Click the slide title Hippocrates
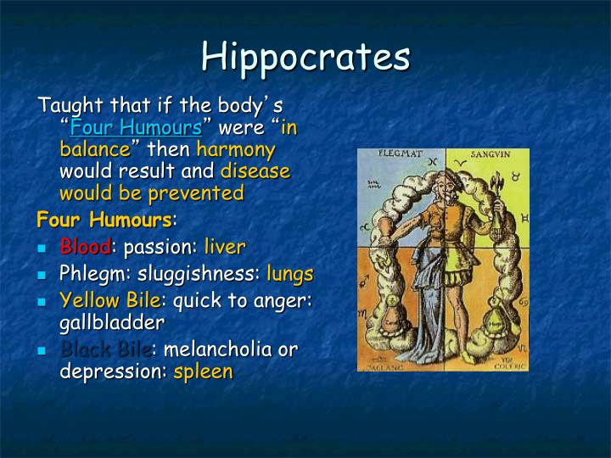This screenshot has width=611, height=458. tap(305, 57)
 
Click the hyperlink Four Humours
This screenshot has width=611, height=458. tap(136, 129)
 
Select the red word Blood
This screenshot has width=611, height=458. tap(85, 248)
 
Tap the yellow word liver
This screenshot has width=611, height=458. tap(224, 248)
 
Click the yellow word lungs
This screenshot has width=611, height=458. tap(289, 274)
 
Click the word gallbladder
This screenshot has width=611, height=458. tap(112, 322)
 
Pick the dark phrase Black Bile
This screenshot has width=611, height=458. tap(105, 349)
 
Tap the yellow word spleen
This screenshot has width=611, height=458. tap(203, 371)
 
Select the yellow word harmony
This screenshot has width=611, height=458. tap(235, 150)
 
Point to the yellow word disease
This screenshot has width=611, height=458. tap(255, 171)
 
